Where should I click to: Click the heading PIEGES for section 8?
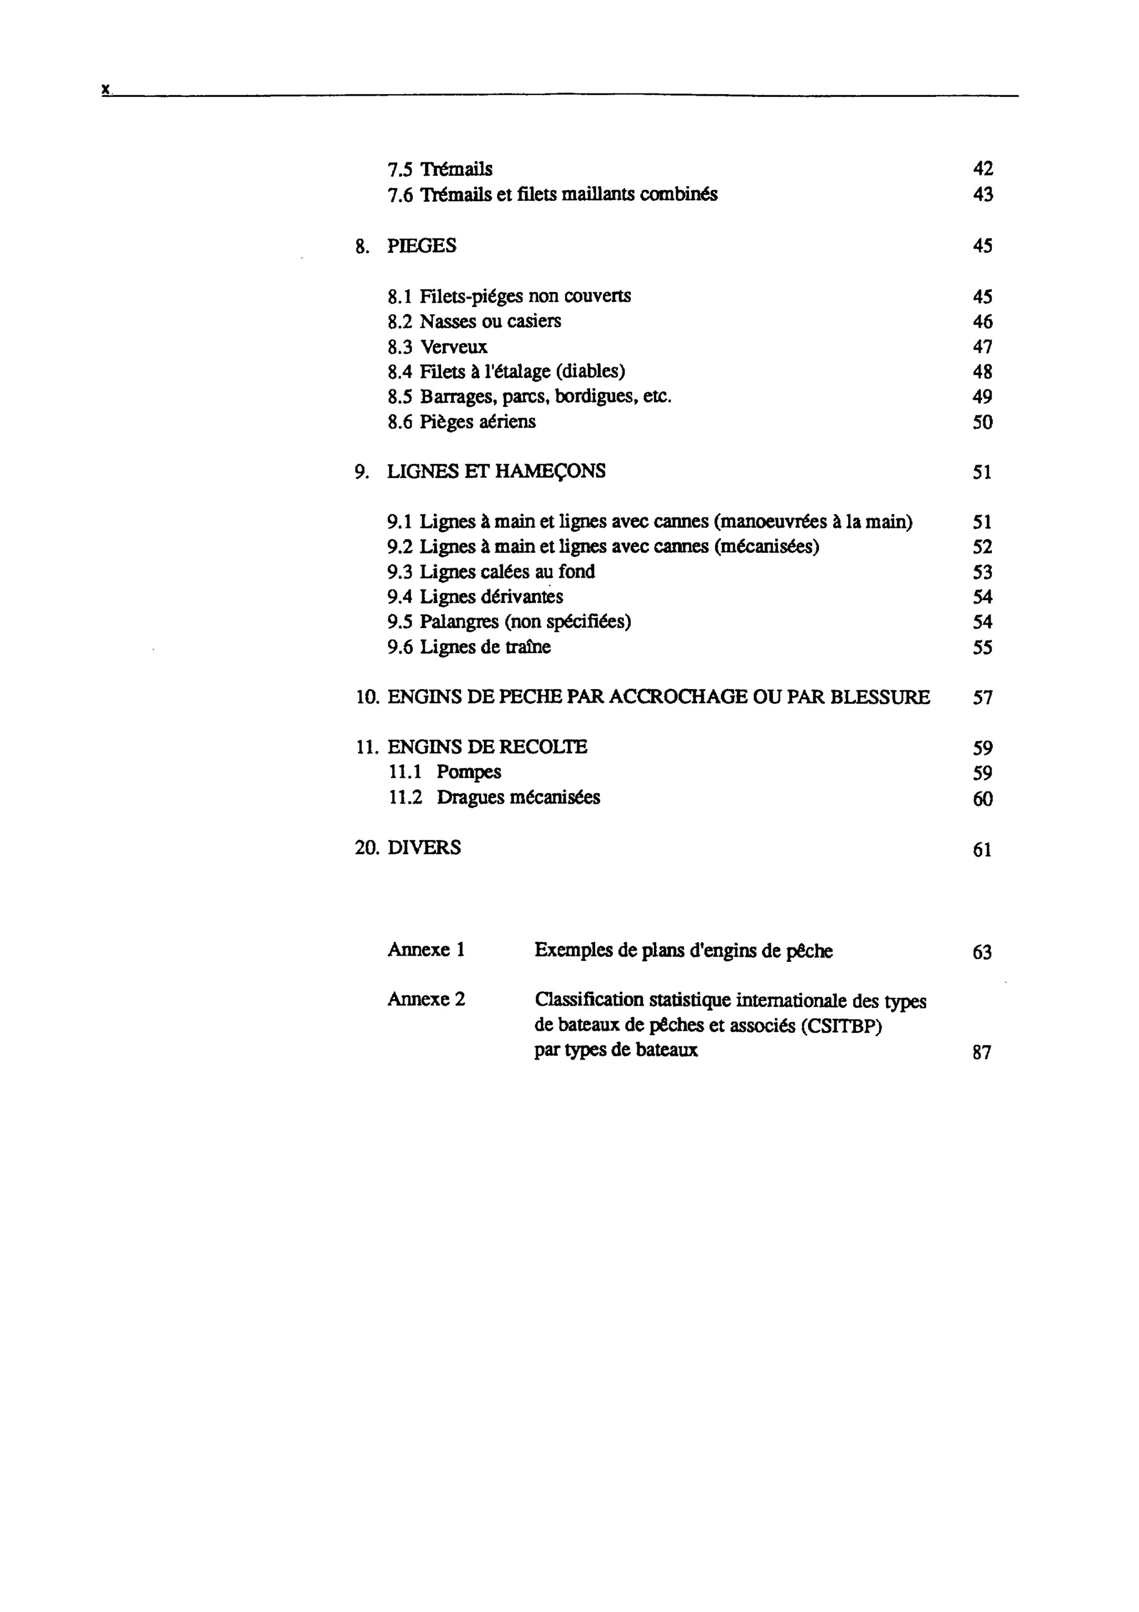421,246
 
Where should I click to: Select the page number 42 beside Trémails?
983,169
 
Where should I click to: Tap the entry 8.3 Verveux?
437,347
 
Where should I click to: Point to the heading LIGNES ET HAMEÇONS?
496,471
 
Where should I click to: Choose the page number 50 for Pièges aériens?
983,422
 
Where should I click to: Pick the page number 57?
983,698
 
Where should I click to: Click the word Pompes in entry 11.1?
469,772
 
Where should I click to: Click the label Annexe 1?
426,950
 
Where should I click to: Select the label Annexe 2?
426,999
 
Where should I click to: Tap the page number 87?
982,1052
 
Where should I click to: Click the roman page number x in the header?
105,89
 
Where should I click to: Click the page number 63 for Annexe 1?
982,953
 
